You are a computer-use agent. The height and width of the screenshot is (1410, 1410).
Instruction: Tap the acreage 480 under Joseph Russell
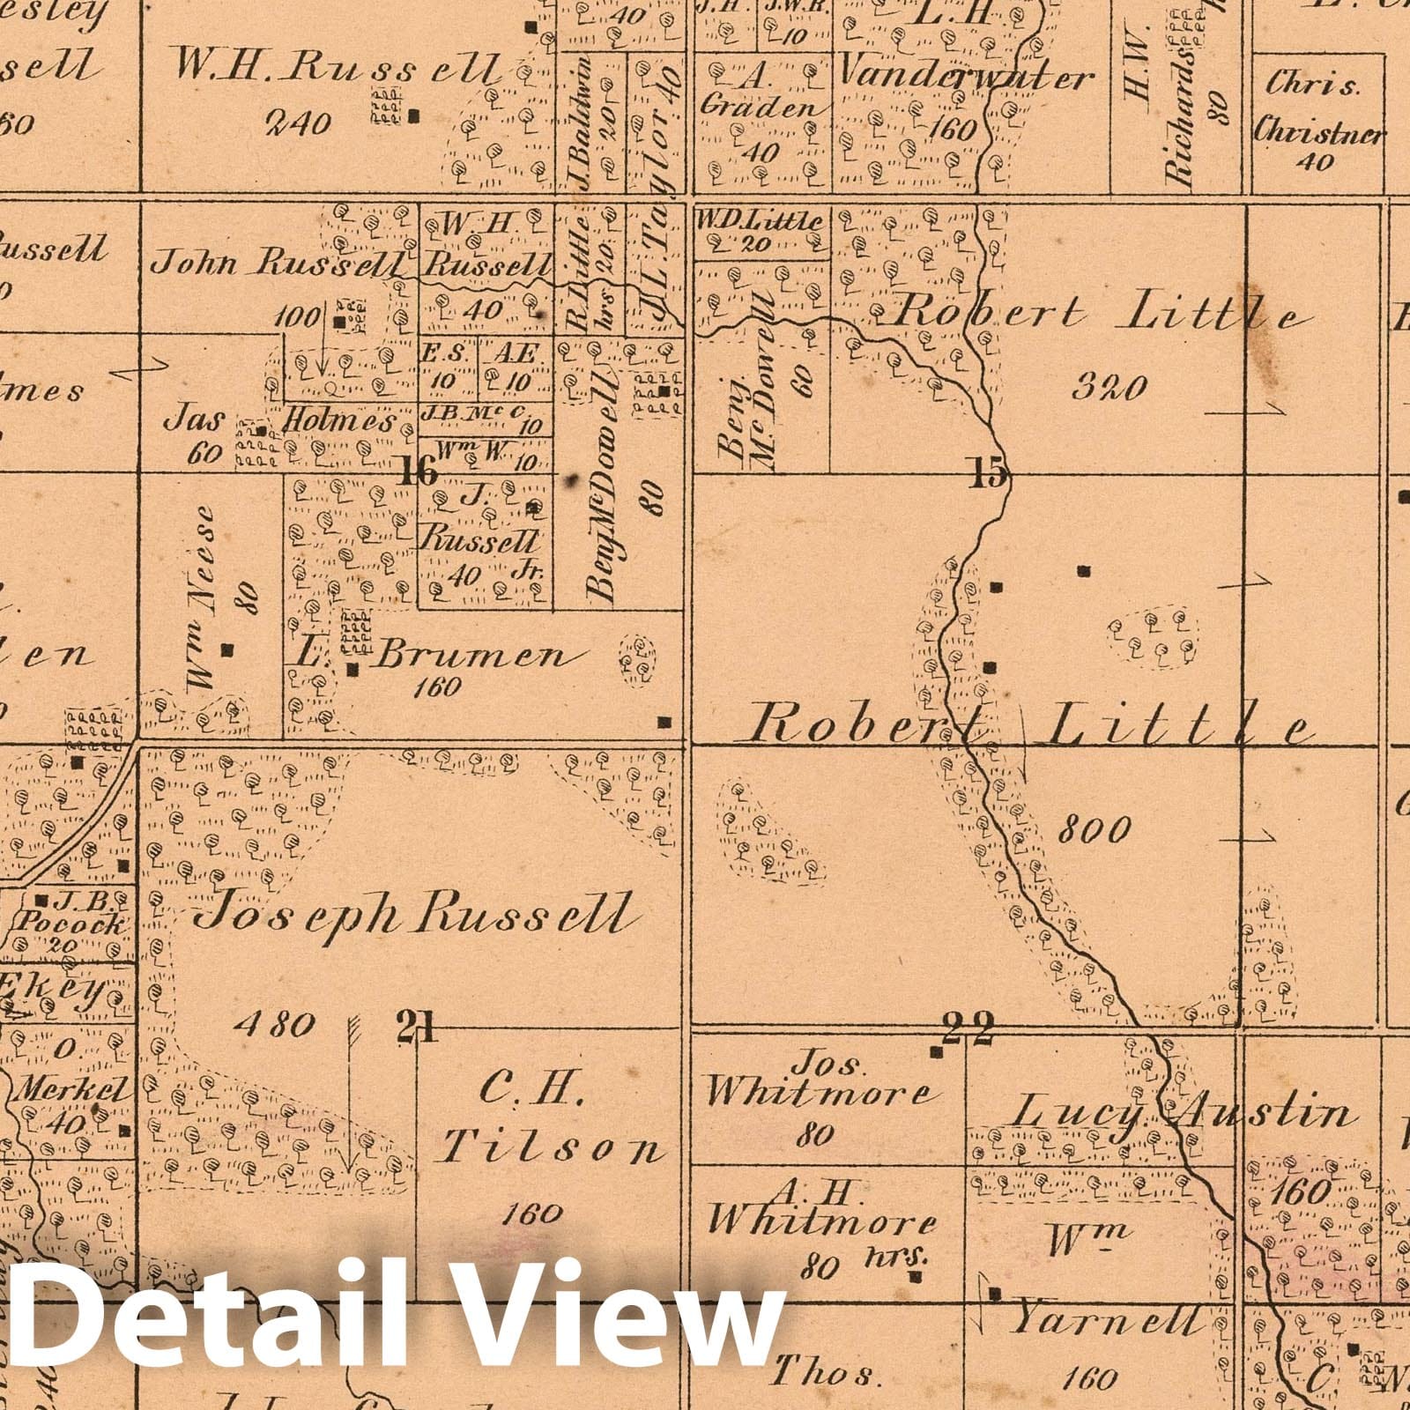(x=275, y=1024)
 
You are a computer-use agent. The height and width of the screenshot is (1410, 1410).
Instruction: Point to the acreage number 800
(x=1093, y=829)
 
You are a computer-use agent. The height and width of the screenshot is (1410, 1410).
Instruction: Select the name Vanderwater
(x=963, y=78)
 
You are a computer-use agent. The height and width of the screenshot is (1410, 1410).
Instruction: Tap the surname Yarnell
(x=1106, y=1321)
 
